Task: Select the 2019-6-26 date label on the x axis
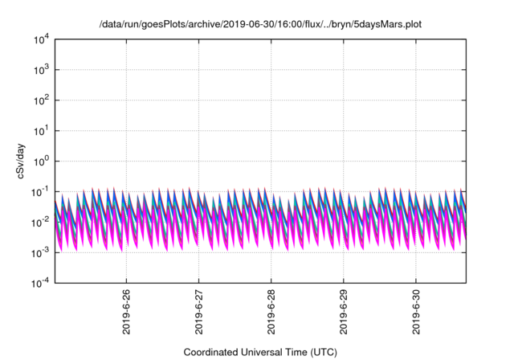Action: click(127, 311)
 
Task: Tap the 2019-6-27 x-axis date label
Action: click(199, 311)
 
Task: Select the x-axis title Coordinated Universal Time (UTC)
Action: click(260, 352)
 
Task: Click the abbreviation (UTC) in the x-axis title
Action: click(323, 352)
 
